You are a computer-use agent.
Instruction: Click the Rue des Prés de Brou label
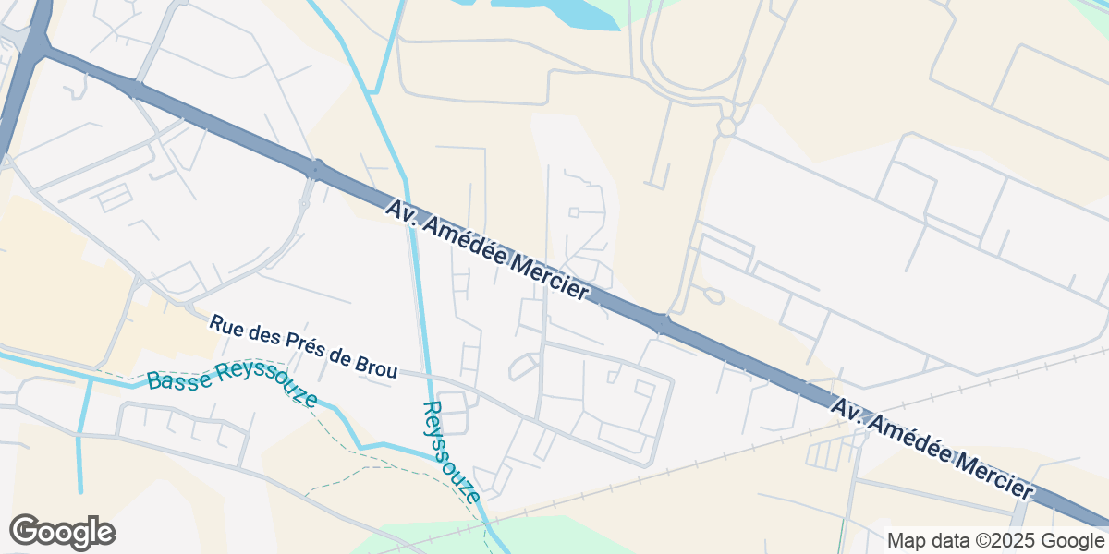point(303,347)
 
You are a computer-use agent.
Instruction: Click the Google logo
point(62,532)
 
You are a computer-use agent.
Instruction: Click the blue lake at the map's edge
point(554,13)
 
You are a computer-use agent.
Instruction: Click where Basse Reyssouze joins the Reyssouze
point(432,454)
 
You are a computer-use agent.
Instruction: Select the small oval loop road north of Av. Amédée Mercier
point(713,296)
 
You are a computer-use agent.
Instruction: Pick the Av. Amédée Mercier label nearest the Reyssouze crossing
point(487,250)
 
